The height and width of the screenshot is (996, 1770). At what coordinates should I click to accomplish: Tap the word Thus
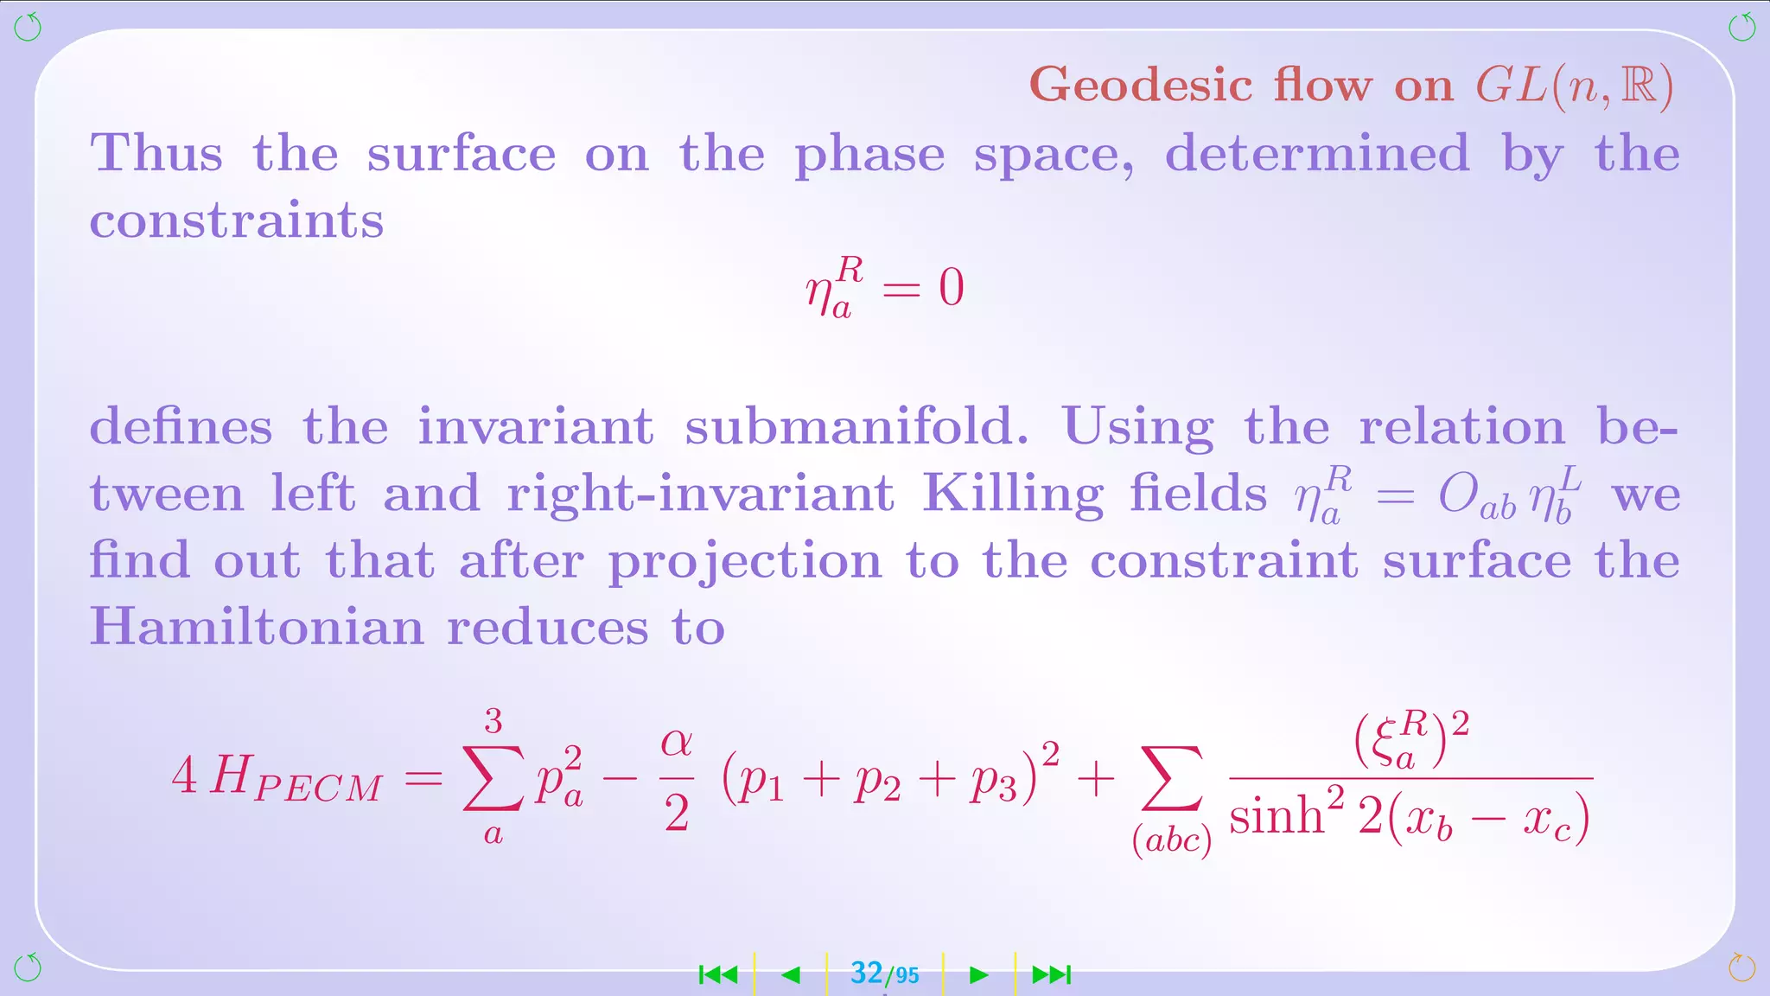(156, 154)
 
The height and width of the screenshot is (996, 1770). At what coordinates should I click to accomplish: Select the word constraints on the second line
(237, 221)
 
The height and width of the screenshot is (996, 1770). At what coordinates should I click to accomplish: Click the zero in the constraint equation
(951, 288)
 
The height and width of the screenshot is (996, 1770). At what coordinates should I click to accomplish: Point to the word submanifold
(856, 427)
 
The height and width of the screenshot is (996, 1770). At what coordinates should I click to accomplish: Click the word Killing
(1013, 495)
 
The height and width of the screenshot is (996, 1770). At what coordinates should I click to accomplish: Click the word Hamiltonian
(257, 627)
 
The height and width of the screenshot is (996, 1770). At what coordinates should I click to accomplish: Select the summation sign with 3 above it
(493, 777)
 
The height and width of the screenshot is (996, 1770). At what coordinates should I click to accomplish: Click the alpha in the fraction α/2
(677, 743)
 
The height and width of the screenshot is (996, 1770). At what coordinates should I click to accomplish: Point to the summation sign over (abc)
(1171, 779)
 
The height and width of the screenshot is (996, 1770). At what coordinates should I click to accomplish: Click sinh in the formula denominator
(1276, 816)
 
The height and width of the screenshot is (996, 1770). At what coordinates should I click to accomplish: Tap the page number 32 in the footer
(866, 974)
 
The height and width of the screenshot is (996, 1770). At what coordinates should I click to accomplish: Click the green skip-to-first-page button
(718, 975)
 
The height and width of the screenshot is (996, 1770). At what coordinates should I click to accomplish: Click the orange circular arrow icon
(1741, 967)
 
